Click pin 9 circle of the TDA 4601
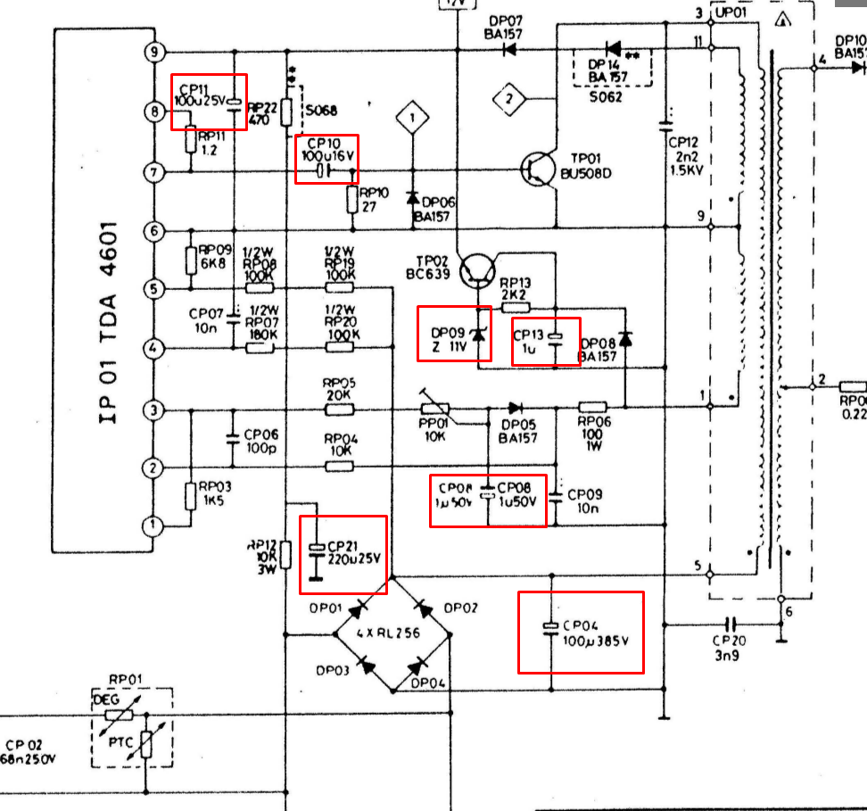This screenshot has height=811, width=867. [153, 52]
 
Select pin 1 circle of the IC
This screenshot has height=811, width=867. [153, 525]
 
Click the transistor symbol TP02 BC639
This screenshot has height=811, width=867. [477, 270]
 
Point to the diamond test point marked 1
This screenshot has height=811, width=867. [412, 116]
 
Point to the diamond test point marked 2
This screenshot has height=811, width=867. [510, 98]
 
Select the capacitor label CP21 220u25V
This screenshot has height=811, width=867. [354, 552]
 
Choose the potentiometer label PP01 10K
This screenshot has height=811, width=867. [436, 430]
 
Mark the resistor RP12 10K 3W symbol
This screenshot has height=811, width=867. [285, 555]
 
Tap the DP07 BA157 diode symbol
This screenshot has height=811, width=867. [510, 50]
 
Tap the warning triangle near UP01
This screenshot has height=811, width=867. [783, 20]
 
